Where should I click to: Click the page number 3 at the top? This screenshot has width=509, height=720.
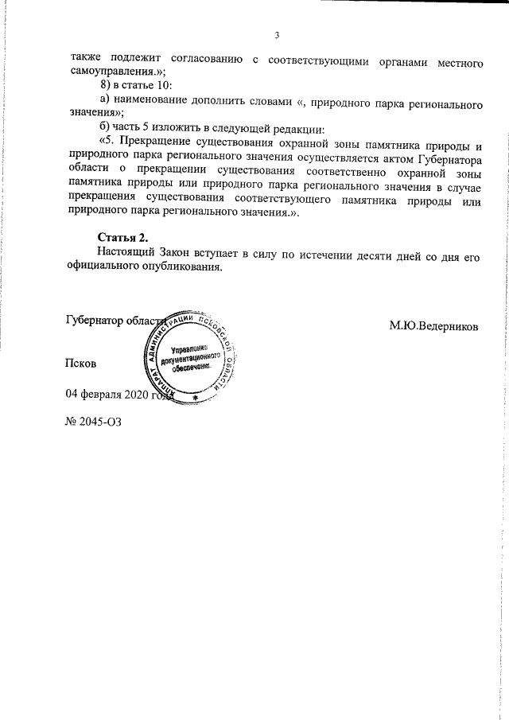pyautogui.click(x=275, y=35)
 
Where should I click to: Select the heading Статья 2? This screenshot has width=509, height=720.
pyautogui.click(x=122, y=238)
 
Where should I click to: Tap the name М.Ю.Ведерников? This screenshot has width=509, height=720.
pyautogui.click(x=434, y=325)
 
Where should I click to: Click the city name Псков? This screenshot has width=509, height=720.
pyautogui.click(x=80, y=364)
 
